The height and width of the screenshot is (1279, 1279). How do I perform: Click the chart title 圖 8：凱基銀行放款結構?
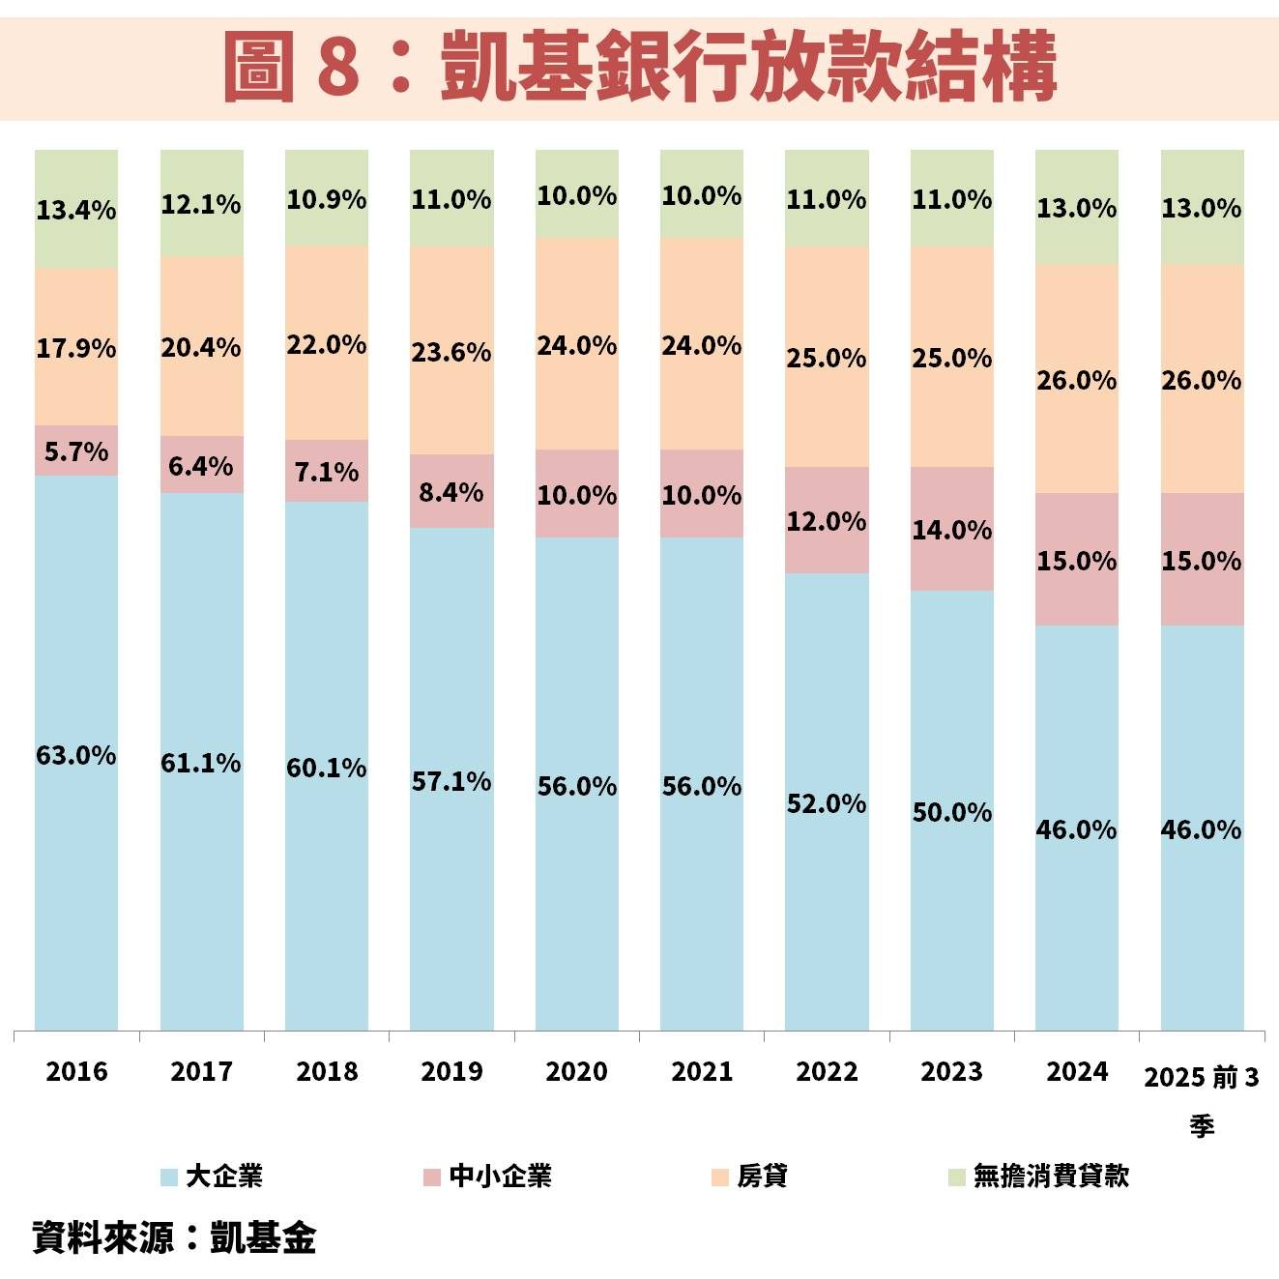tap(639, 67)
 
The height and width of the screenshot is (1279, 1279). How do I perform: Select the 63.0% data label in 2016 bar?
tap(76, 755)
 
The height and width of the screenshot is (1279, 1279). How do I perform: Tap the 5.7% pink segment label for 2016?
tap(76, 451)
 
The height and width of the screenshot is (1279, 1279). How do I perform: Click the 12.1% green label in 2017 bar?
tap(201, 204)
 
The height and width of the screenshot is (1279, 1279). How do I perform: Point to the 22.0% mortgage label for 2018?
tap(327, 344)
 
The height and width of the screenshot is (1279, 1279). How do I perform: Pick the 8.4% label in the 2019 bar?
tap(451, 492)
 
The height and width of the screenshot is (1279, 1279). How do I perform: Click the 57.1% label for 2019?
tap(451, 781)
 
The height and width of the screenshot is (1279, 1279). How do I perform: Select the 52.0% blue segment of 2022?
tap(827, 803)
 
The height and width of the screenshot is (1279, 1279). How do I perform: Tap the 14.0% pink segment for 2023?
tap(951, 530)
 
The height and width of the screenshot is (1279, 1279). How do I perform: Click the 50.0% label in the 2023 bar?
tap(951, 812)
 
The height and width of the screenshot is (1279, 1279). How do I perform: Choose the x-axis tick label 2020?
tap(576, 1071)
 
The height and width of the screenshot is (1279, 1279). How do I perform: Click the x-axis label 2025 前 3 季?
tap(1202, 1098)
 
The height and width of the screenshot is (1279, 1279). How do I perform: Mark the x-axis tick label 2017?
tap(201, 1071)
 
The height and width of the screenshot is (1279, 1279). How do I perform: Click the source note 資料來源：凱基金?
tap(174, 1237)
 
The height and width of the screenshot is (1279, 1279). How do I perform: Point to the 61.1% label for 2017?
tap(201, 763)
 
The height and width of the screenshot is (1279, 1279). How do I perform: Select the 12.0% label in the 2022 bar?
tap(827, 521)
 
